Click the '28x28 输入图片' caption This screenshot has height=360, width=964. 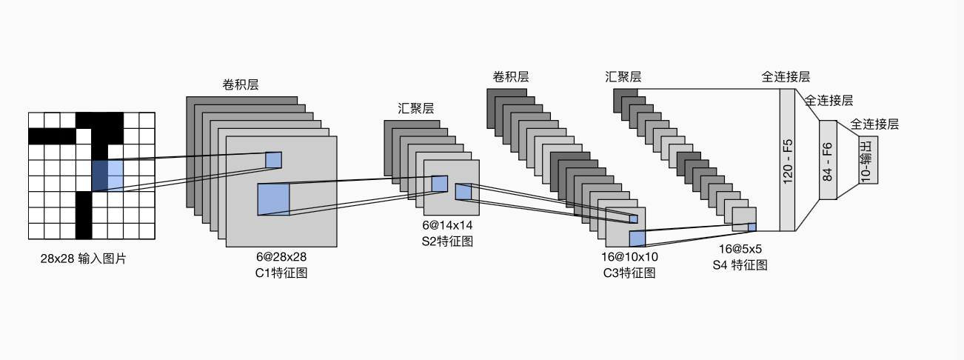83,259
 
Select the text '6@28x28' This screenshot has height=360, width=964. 281,256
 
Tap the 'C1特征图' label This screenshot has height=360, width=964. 281,273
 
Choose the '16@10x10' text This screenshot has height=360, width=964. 629,257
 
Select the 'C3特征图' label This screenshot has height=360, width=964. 629,273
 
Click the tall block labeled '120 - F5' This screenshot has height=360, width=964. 787,160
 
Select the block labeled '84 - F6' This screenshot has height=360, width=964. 827,160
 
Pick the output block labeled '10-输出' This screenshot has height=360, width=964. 868,160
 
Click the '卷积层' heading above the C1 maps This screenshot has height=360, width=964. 241,84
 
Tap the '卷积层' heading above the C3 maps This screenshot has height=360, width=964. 511,77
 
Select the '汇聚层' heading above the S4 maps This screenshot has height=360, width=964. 623,77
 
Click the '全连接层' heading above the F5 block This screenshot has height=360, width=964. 786,77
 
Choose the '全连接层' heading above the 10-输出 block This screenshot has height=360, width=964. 874,124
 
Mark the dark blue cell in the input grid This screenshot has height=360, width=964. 99,176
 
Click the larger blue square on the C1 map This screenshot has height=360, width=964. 273,199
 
